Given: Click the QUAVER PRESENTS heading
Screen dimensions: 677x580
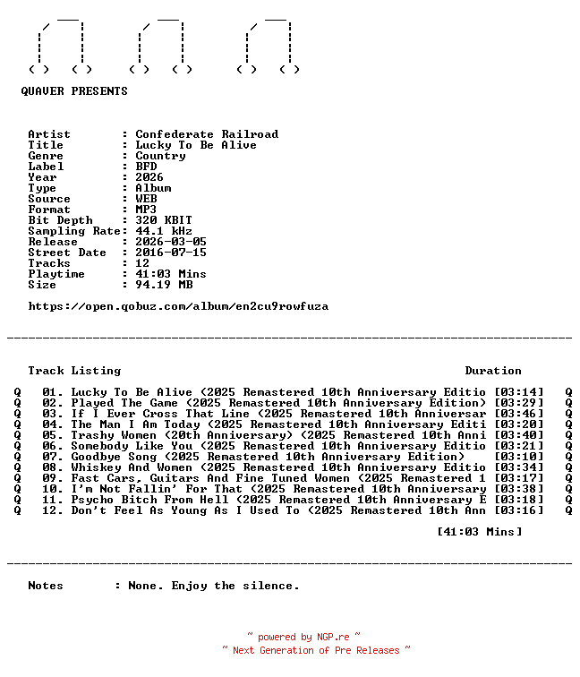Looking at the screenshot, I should [74, 91].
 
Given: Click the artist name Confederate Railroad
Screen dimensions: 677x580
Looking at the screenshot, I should [207, 134].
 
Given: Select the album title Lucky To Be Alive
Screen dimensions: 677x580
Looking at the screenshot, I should [196, 145].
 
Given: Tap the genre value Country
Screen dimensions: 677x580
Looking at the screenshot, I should [160, 156].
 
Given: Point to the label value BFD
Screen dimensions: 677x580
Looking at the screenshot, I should [146, 167].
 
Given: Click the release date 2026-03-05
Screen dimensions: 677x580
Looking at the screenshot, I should [171, 242].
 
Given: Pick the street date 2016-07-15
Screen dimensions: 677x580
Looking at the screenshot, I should [171, 253].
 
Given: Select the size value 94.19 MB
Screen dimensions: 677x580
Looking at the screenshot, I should [164, 285].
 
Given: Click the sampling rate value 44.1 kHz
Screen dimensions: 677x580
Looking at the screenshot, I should [164, 231].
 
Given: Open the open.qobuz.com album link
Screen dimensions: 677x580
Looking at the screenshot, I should [178, 306].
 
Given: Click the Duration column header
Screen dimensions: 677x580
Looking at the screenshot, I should [493, 371].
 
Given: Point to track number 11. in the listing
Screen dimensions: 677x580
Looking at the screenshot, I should [53, 500].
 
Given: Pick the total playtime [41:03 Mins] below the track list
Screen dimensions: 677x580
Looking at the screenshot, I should [480, 532].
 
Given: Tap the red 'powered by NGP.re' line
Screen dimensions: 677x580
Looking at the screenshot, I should [303, 637].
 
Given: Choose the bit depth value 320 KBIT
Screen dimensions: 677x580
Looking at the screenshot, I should [164, 220].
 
